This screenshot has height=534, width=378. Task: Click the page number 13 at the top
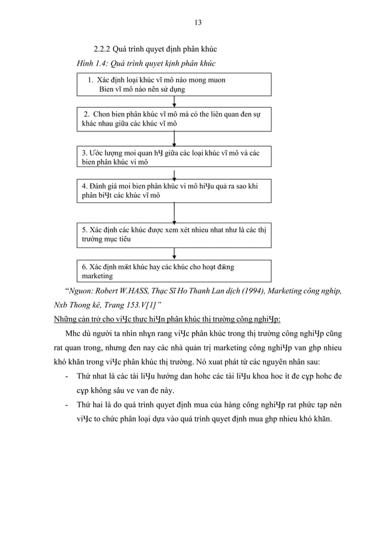[x=198, y=22]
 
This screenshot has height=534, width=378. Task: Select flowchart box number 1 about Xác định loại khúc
[x=174, y=84]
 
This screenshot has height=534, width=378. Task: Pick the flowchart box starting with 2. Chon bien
[x=174, y=118]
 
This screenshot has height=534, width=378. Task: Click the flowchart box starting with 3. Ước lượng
[x=174, y=157]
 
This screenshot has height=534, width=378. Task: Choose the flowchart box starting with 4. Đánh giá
[x=174, y=190]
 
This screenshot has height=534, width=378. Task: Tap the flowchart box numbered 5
[x=174, y=234]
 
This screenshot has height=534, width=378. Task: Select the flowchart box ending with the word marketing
[x=174, y=271]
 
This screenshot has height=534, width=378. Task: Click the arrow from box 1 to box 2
[x=174, y=101]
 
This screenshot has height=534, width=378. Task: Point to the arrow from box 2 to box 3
[x=174, y=138]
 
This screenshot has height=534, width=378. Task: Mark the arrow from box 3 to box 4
[x=174, y=174]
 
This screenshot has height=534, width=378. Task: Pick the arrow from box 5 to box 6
[x=174, y=253]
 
